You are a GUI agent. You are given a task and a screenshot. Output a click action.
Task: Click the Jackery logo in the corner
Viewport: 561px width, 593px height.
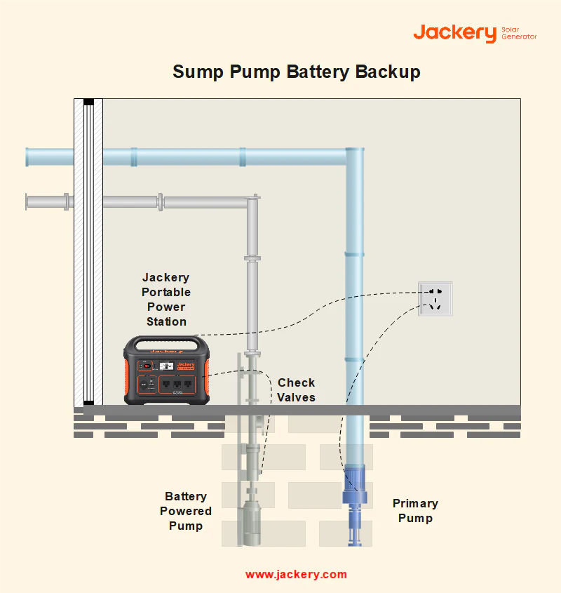point(454,32)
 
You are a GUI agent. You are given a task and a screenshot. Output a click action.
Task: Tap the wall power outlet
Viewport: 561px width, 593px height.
point(435,298)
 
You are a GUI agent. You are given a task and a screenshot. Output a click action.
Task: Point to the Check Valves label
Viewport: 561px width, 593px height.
point(296,390)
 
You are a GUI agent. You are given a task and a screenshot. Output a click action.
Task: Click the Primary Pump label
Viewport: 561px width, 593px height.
point(415,511)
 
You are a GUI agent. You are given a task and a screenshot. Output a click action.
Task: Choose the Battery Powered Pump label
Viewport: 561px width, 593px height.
point(186,511)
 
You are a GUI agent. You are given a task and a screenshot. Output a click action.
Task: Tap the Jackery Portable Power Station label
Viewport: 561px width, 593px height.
point(166,300)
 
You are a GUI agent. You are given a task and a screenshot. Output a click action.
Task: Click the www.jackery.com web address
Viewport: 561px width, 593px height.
point(296,574)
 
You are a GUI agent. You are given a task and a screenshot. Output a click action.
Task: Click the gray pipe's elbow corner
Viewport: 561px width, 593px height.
point(252,202)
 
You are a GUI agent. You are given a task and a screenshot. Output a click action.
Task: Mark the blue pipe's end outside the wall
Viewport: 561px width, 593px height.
point(29,156)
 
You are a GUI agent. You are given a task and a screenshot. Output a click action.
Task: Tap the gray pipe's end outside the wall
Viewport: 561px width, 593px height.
point(29,202)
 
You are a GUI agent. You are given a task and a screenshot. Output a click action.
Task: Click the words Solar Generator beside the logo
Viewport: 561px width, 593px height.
point(519,32)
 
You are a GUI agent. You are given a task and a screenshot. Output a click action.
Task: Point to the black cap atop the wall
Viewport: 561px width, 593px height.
point(88,102)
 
